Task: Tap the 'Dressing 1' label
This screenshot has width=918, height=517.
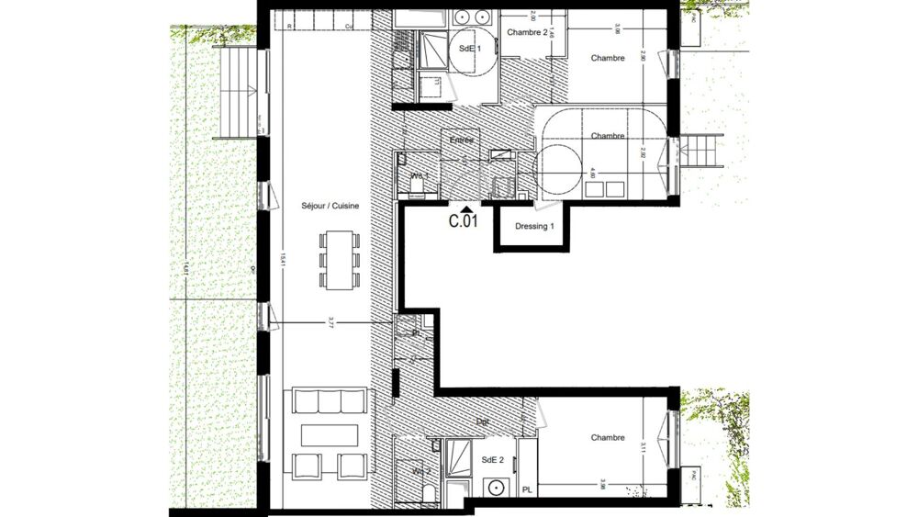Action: tap(535, 226)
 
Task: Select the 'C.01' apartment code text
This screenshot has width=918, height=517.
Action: tap(464, 221)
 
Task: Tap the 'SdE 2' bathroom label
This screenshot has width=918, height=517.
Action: tap(491, 459)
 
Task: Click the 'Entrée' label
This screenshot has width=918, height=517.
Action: tap(462, 140)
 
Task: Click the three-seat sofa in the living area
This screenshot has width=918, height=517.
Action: tap(328, 401)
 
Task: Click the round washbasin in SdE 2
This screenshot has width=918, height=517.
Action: tap(498, 488)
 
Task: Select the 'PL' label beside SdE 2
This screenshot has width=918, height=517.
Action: tap(527, 490)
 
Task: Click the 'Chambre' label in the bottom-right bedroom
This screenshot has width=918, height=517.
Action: tap(608, 438)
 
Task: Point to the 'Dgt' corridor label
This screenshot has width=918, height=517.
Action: tap(482, 422)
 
